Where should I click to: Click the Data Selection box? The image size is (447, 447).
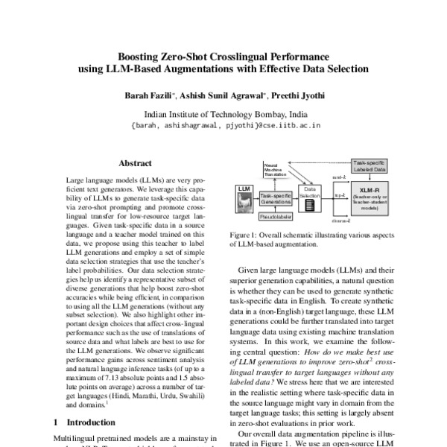(311, 195)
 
